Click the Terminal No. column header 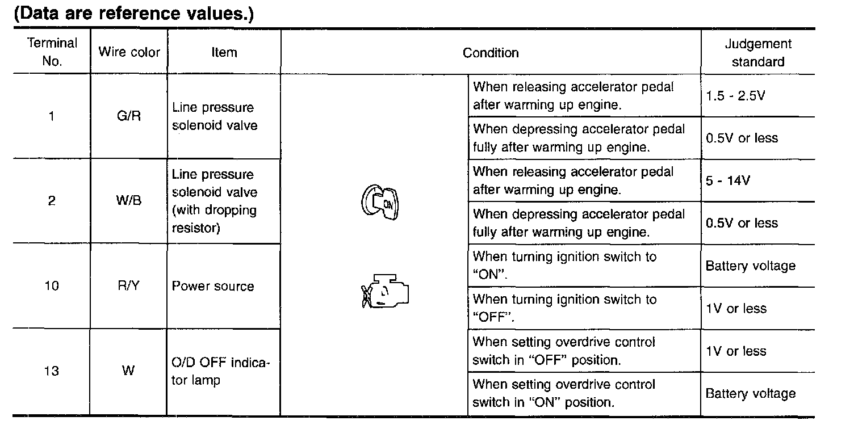coord(52,52)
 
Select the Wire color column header coord(129,52)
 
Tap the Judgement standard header coord(757,52)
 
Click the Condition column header coord(491,53)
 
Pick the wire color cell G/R coord(128,116)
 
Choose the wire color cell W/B coord(128,201)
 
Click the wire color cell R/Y coord(128,286)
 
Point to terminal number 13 coord(52,371)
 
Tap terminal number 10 coord(52,286)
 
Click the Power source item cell coord(213,286)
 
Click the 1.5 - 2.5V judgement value coord(735,95)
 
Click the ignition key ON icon coord(380,202)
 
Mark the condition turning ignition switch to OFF coord(564,308)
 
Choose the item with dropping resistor coord(215,201)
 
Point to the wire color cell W coord(128,371)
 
